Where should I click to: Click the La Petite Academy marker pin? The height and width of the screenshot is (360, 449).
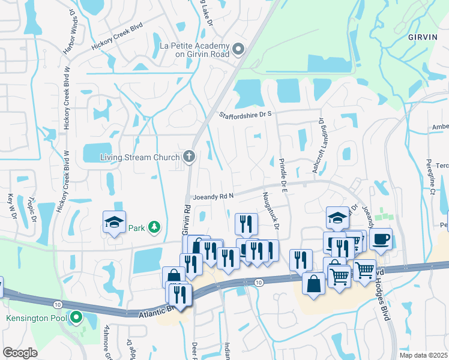coord(238,49)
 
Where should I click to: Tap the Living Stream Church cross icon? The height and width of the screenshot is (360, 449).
coord(189,157)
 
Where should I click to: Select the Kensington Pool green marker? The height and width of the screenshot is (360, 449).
coord(76,317)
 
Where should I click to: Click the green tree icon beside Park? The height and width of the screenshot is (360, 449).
coord(155,227)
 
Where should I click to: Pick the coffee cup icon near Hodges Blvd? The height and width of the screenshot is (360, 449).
coord(381,239)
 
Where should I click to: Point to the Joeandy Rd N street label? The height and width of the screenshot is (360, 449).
coord(213,197)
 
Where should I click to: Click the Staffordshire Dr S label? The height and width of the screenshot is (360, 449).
coord(246,115)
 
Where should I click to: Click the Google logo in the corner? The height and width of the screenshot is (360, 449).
coord(20,352)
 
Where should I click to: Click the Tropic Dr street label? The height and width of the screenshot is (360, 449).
coord(29,211)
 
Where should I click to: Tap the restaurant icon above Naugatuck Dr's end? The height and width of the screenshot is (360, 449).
coord(246,224)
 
